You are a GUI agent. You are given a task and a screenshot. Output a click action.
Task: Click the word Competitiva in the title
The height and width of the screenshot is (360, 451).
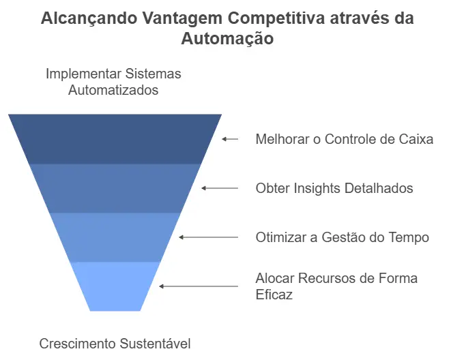click(276, 18)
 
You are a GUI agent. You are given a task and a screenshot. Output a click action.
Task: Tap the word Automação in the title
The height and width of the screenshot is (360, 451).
click(227, 39)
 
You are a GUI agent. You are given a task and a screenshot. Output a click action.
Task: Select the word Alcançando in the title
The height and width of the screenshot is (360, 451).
click(89, 19)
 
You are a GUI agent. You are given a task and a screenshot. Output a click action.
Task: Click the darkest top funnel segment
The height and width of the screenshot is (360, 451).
click(115, 139)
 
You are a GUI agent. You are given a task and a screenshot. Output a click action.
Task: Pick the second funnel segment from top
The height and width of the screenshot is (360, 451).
click(115, 188)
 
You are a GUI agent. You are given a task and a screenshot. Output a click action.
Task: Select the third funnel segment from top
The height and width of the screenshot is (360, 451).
click(115, 237)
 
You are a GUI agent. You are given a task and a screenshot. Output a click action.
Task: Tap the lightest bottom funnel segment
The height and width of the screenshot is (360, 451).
click(115, 286)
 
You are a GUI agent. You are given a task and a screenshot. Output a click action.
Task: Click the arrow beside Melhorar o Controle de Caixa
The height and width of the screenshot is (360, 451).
click(230, 139)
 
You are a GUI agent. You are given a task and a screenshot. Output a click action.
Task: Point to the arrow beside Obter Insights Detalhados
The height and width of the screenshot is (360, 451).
click(220, 188)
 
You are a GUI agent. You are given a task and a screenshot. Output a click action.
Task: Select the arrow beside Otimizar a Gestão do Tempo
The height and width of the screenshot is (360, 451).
click(209, 237)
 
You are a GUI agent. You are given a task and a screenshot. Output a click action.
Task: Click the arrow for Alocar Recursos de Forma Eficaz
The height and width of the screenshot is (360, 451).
click(199, 286)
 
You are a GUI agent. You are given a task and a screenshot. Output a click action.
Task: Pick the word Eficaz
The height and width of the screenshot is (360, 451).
click(274, 295)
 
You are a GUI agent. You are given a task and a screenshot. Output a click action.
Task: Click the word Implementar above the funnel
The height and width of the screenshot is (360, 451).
click(84, 74)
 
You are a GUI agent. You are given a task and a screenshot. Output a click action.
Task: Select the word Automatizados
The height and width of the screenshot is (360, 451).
click(113, 90)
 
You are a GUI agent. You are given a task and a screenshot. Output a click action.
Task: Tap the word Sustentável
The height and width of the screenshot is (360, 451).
click(156, 344)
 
